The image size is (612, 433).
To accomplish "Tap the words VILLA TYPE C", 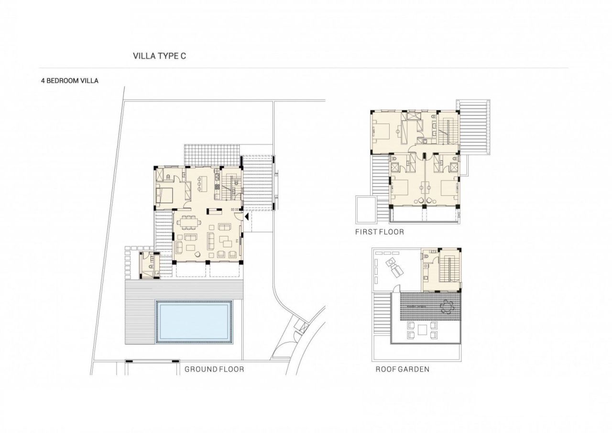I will [x=159, y=56].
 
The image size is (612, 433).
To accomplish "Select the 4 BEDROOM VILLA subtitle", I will [x=70, y=81].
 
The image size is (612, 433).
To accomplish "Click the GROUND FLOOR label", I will [x=214, y=369].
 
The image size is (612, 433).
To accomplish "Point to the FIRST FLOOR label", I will [x=380, y=232].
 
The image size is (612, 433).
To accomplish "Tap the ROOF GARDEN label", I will [x=402, y=369].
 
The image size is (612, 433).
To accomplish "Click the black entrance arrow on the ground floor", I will [x=246, y=217].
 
